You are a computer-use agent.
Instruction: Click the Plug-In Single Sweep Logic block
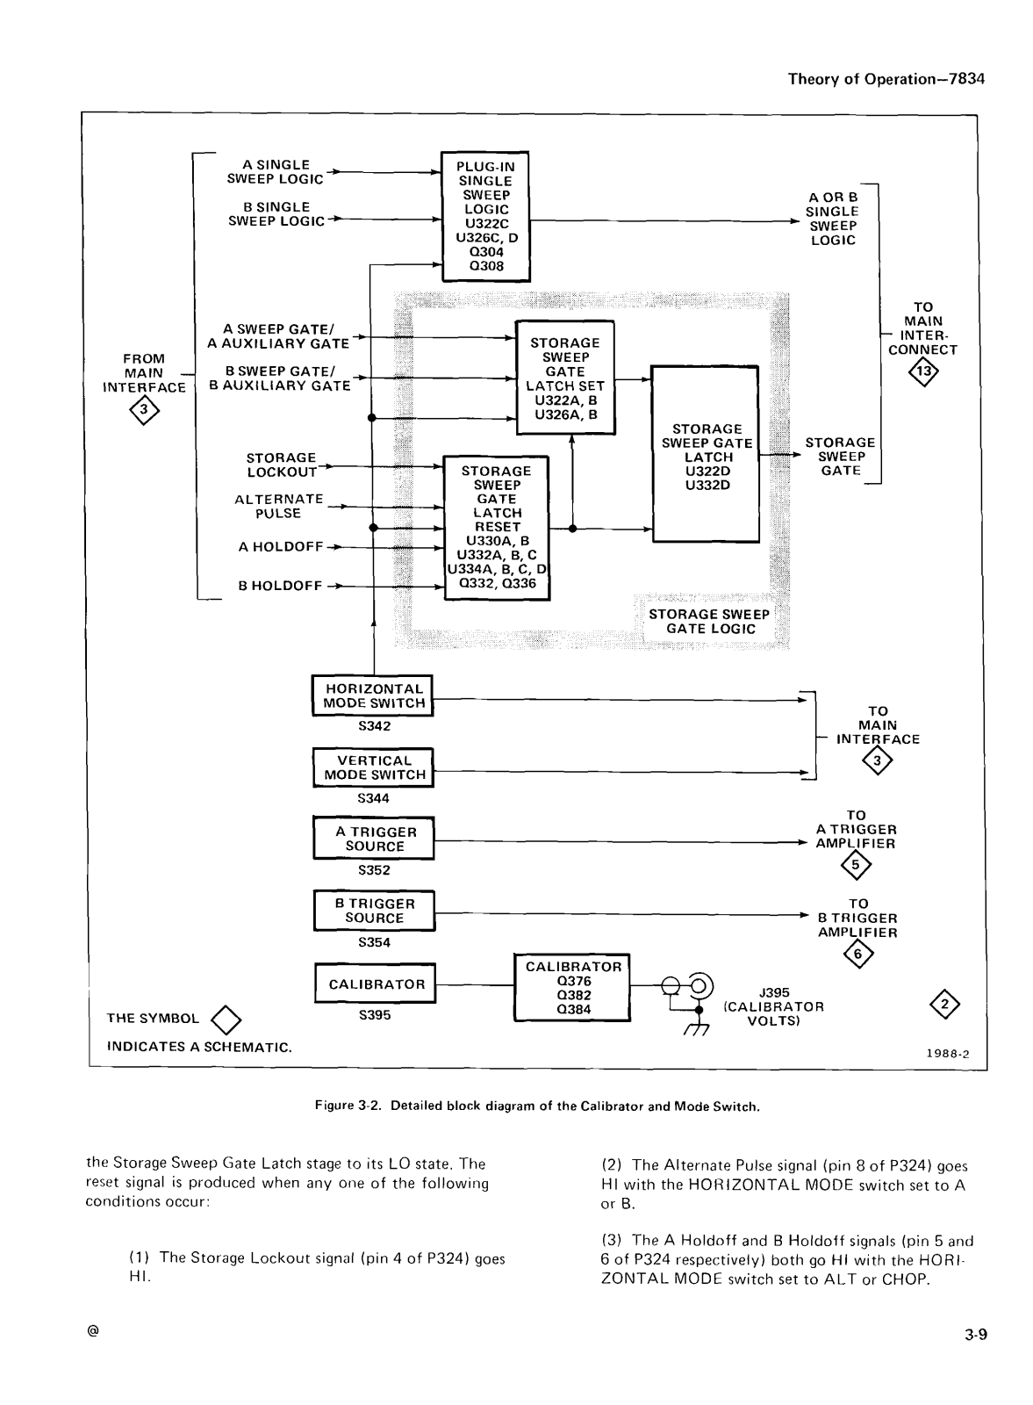[486, 216]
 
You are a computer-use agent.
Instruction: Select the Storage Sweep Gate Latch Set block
[565, 378]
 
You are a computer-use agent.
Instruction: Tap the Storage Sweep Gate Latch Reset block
[497, 528]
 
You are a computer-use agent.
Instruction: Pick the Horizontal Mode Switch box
[373, 695]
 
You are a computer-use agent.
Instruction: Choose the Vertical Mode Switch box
[374, 767]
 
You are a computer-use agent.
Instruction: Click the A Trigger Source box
[374, 839]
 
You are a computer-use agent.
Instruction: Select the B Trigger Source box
[375, 911]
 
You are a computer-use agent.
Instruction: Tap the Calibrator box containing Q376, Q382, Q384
[572, 988]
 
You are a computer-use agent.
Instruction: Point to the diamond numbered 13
[923, 371]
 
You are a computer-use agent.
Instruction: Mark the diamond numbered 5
[856, 866]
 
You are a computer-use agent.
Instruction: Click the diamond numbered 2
[945, 1005]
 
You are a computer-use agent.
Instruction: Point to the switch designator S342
[374, 726]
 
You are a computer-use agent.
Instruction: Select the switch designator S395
[375, 1015]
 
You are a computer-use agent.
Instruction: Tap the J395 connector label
[774, 992]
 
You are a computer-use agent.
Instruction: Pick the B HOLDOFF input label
[280, 586]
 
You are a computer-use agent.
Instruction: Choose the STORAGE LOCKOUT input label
[282, 465]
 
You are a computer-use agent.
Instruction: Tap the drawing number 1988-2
[948, 1054]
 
